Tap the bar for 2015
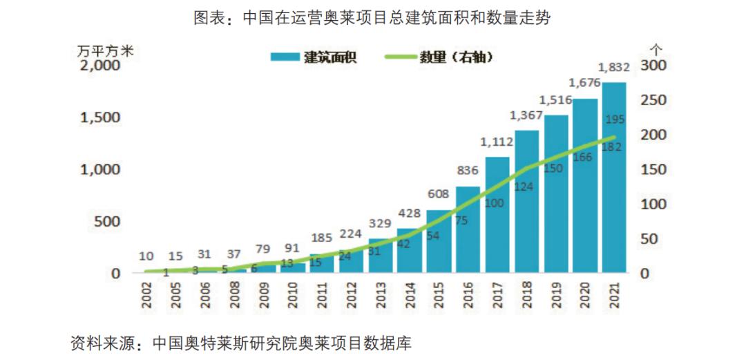[439, 242]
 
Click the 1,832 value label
[614, 68]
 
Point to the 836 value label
[468, 170]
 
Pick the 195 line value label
[615, 120]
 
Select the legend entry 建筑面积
[314, 57]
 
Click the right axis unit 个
[657, 48]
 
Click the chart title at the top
[373, 18]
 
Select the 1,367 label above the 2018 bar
[526, 115]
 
